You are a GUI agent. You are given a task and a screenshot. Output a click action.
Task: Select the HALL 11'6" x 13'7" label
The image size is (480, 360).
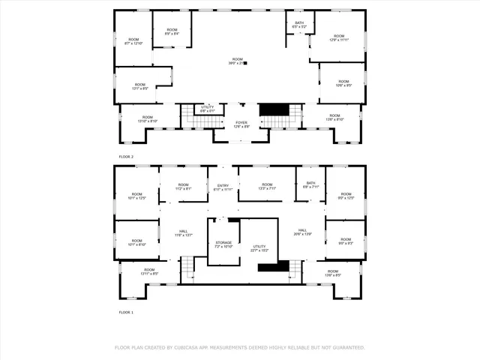click(184, 233)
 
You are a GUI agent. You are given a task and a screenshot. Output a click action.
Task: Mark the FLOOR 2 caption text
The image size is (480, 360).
click(126, 157)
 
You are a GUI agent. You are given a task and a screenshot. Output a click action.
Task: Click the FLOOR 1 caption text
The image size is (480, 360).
click(126, 312)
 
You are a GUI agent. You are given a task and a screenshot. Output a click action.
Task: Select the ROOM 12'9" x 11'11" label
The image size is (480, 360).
click(339, 37)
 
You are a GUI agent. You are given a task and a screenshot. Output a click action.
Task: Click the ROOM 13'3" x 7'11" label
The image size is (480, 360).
click(267, 187)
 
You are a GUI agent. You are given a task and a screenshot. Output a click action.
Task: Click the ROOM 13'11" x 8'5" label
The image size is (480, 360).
click(149, 271)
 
